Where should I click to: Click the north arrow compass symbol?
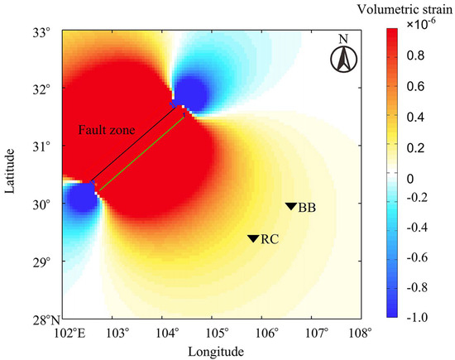tap(342, 56)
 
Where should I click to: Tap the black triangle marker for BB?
tap(290, 207)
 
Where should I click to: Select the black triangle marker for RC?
tap(253, 238)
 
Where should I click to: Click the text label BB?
tap(306, 207)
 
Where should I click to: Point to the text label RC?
tap(269, 239)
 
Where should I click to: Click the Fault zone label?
tap(103, 131)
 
